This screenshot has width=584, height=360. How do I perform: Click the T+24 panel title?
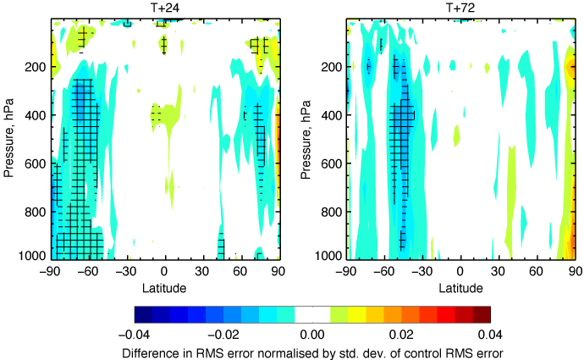click(165, 8)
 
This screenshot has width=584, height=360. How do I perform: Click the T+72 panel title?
click(460, 8)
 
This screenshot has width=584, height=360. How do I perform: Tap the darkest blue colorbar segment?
click(143, 313)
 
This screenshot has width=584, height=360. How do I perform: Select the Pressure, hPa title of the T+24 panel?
click(9, 138)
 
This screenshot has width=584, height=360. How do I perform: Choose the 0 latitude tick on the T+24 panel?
click(165, 274)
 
